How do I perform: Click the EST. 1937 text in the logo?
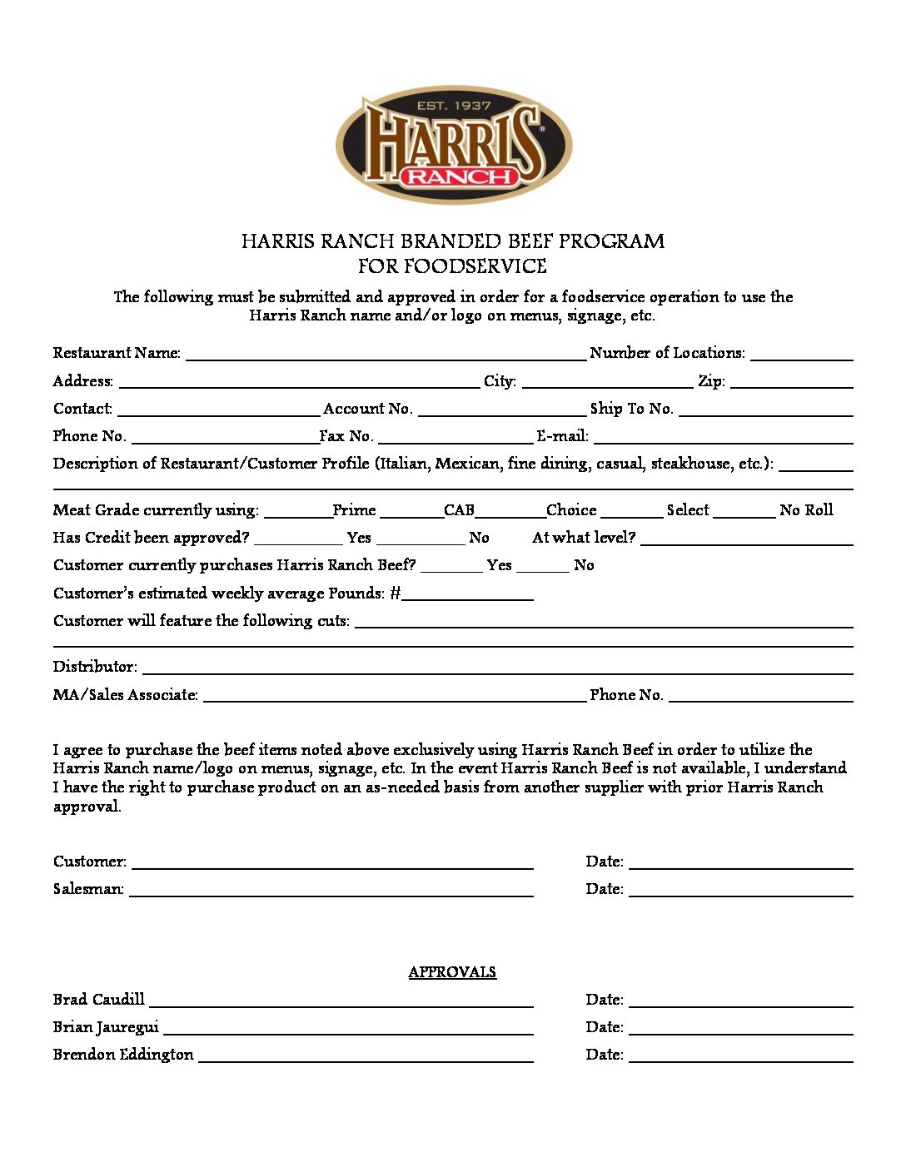click(454, 106)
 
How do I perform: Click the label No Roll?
click(806, 510)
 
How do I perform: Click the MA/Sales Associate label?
click(126, 695)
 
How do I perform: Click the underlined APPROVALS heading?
click(452, 972)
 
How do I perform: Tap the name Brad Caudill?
click(99, 1000)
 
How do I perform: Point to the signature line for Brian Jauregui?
click(348, 1030)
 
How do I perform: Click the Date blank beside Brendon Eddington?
click(740, 1057)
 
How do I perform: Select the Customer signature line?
click(332, 864)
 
